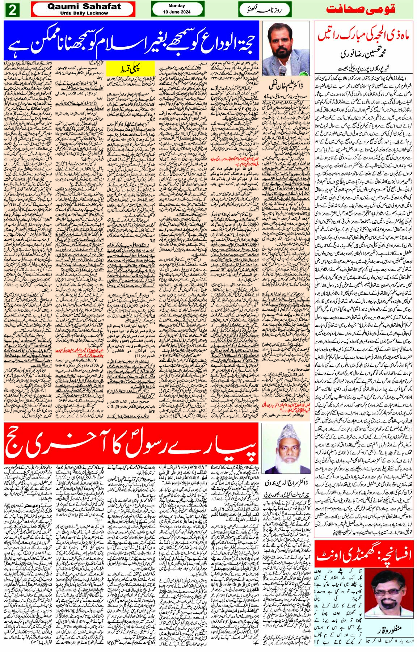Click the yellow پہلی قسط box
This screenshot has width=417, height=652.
(136, 68)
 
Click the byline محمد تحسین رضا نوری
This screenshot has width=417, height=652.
(366, 55)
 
